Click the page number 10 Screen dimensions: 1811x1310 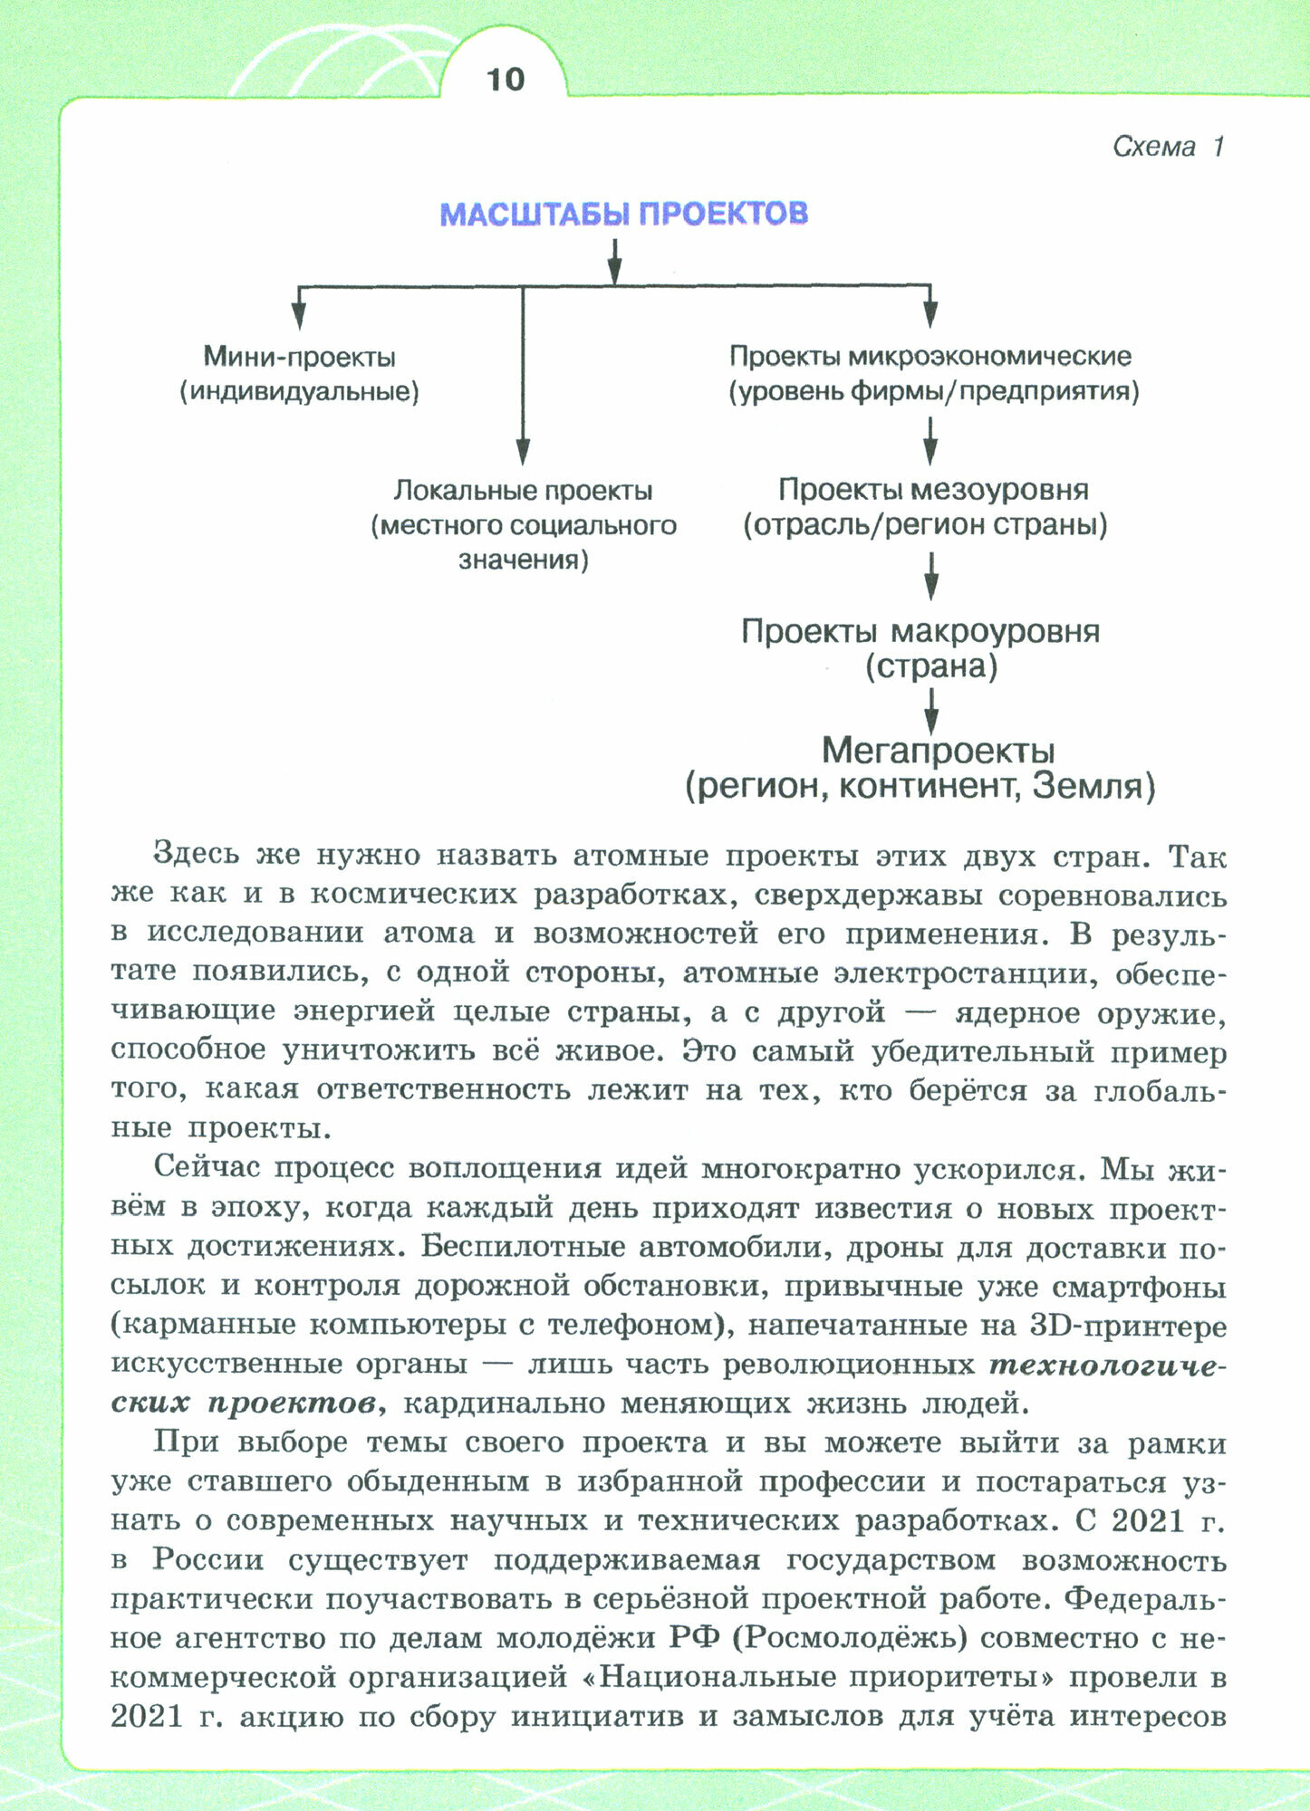pyautogui.click(x=506, y=80)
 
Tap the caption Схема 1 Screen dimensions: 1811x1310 pyautogui.click(x=1168, y=147)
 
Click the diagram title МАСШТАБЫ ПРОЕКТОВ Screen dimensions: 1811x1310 pyautogui.click(x=623, y=214)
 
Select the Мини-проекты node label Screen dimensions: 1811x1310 pyautogui.click(x=299, y=357)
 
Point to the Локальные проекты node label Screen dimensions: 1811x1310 pyautogui.click(x=523, y=491)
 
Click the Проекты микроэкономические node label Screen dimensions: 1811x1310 pyautogui.click(x=930, y=356)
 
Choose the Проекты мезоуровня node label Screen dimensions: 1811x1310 pyautogui.click(x=933, y=490)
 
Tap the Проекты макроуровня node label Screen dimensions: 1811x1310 pyautogui.click(x=920, y=631)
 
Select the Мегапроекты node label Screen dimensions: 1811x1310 pyautogui.click(x=938, y=751)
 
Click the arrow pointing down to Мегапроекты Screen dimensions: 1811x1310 pyautogui.click(x=931, y=711)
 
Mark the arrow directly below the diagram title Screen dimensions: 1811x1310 pyautogui.click(x=615, y=263)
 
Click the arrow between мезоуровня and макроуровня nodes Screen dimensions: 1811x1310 pyautogui.click(x=931, y=574)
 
